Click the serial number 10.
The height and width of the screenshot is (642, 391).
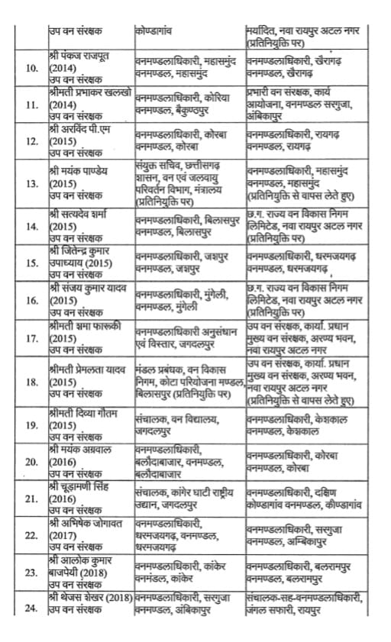tap(34, 69)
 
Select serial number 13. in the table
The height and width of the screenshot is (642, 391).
tap(34, 184)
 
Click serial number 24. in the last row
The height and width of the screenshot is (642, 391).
tap(34, 608)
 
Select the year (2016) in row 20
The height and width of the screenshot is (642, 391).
tap(61, 462)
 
